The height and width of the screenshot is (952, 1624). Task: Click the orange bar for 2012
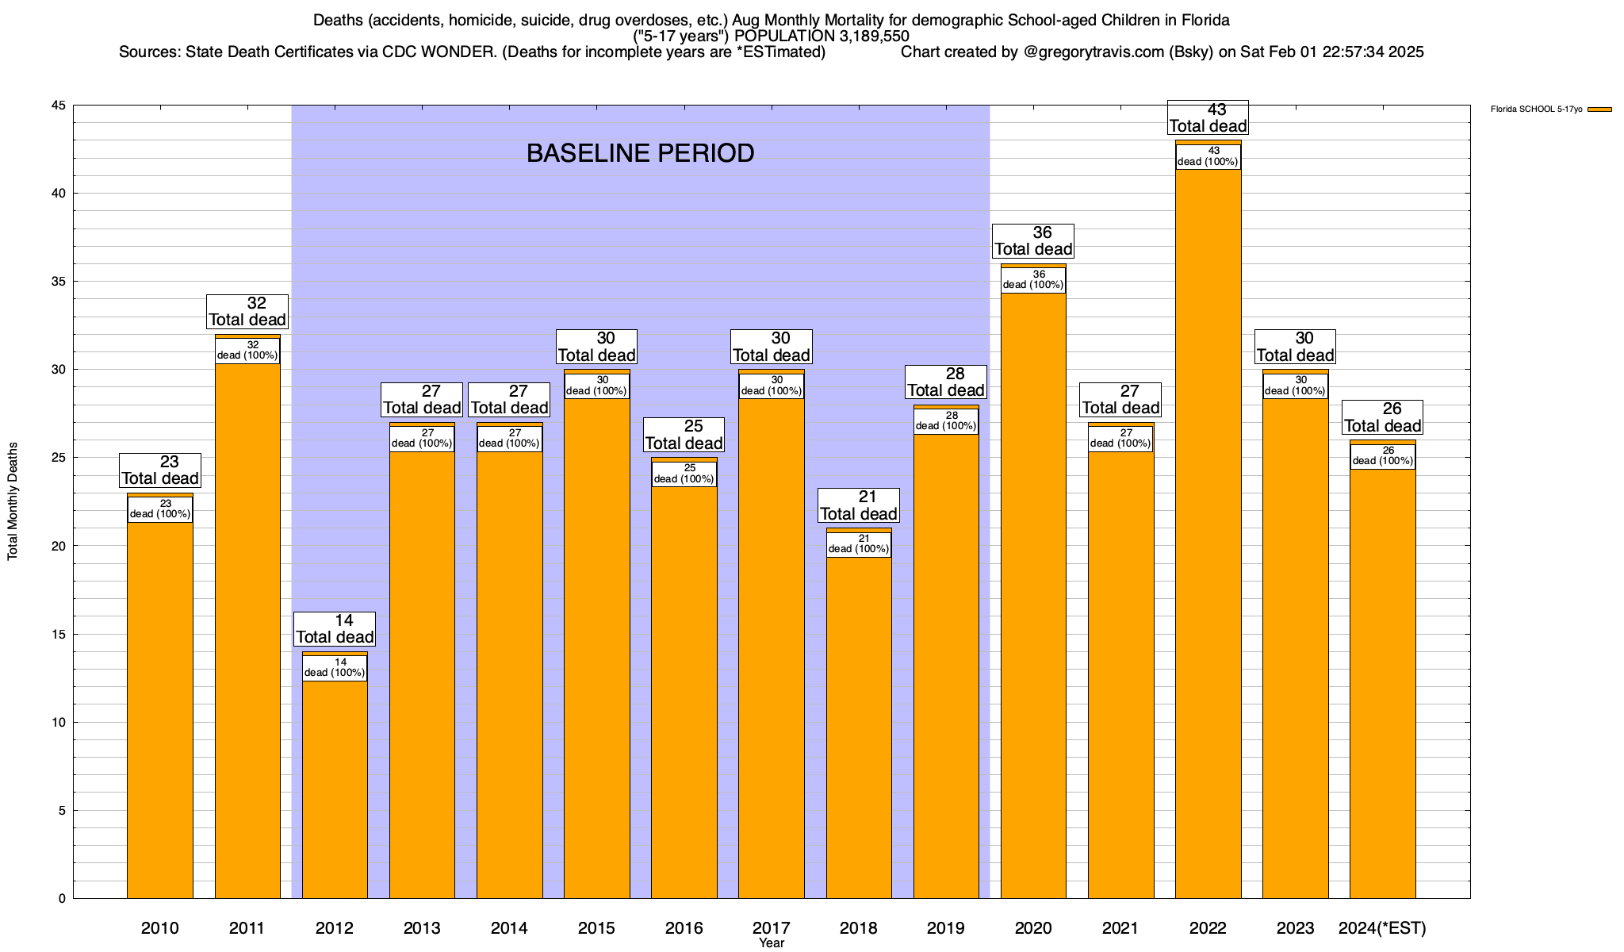coord(335,785)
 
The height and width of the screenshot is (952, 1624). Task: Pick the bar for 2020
coord(1033,595)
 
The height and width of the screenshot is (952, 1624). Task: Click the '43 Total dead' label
coord(1208,117)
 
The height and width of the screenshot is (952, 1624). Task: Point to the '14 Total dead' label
coord(335,628)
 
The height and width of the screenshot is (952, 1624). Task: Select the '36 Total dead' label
coord(1033,240)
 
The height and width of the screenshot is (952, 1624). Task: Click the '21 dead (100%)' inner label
coord(859,544)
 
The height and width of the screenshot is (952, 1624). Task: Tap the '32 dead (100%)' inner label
coord(247,351)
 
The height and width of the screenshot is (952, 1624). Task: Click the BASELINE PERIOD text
coord(640,153)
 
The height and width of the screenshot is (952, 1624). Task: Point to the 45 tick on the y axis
coord(59,106)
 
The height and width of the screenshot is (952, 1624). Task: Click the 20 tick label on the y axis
coord(59,546)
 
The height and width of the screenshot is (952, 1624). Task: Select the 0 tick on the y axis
coord(62,898)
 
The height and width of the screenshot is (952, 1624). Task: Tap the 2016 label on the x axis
coord(684,928)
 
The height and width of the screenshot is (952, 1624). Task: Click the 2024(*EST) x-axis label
coord(1382,928)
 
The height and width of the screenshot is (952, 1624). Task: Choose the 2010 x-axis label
coord(160,928)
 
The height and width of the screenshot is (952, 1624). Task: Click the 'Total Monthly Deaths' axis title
coord(13,501)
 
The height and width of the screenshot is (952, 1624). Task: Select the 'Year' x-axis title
coord(771,943)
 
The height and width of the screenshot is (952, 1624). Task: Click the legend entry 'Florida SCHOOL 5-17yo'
coord(1536,109)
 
